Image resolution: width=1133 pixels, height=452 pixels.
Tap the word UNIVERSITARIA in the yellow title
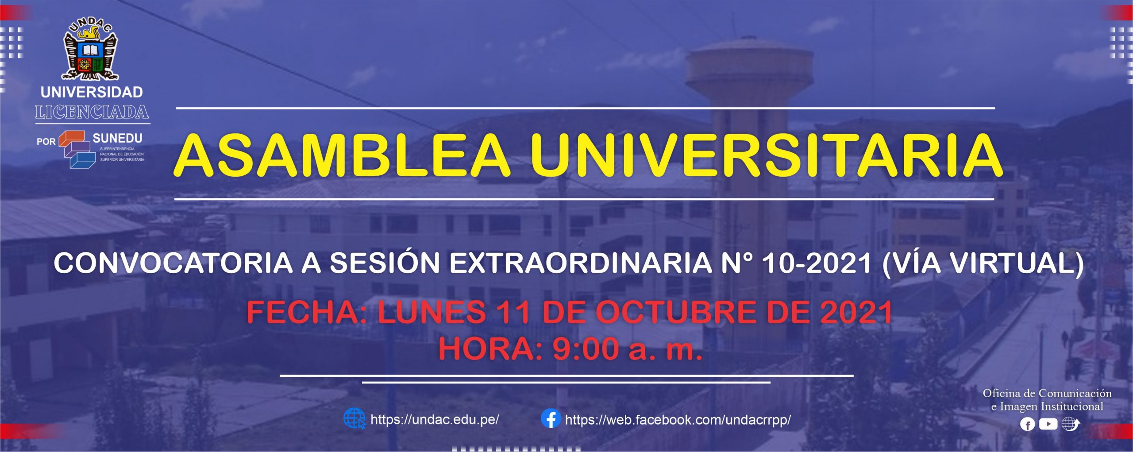point(766,156)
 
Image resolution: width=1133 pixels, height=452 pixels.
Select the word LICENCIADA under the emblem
point(92,112)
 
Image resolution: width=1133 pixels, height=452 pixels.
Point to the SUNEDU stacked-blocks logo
point(77,150)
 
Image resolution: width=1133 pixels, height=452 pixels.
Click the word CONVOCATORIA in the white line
point(173,263)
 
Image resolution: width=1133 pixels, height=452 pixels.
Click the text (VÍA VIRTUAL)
point(983,264)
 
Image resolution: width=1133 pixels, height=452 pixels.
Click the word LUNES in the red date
point(432,312)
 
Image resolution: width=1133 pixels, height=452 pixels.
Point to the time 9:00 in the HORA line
point(586,349)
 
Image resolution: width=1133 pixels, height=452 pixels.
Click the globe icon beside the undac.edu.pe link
point(355,418)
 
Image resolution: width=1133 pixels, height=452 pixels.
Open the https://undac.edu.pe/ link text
point(435,420)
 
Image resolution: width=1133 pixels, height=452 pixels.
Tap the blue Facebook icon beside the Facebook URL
point(551,418)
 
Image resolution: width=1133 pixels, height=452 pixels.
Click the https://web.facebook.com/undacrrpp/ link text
point(678,420)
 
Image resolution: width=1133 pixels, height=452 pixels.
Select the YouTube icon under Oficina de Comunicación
point(1048,424)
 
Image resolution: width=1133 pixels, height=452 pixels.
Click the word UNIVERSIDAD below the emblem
point(92,92)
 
